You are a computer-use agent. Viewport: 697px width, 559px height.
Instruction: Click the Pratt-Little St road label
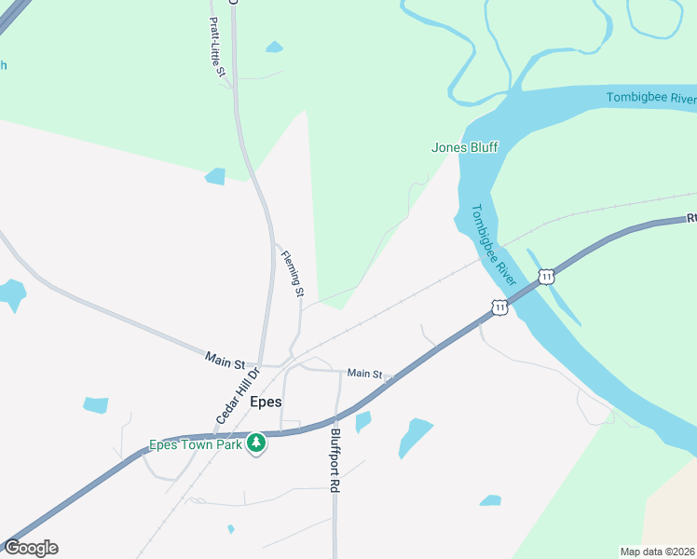(x=217, y=46)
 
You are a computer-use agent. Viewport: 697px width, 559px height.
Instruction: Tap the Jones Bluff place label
(x=465, y=147)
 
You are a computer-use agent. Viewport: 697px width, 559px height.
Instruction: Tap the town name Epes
(x=266, y=402)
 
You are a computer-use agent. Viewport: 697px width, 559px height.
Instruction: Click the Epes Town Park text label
(x=196, y=444)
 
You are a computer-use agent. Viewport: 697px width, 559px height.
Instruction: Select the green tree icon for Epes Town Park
(x=256, y=444)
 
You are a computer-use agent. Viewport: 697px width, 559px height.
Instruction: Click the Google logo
(x=31, y=548)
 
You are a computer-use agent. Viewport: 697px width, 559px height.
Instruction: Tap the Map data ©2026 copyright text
(x=657, y=552)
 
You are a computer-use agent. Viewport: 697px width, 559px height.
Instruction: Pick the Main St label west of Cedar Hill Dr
(x=225, y=356)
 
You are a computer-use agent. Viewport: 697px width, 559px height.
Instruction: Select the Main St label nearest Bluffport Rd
(x=364, y=374)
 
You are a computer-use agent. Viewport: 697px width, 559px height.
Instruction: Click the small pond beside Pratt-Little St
(x=274, y=47)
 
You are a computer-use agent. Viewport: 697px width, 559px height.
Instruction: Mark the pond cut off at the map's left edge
(x=11, y=294)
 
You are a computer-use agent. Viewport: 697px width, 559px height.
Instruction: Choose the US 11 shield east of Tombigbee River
(x=547, y=277)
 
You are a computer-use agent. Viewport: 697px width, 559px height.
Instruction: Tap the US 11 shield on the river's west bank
(x=500, y=307)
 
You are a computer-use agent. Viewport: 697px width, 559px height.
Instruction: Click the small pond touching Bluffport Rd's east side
(x=362, y=422)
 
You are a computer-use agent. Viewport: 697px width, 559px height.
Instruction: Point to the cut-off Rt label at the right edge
(x=691, y=218)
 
